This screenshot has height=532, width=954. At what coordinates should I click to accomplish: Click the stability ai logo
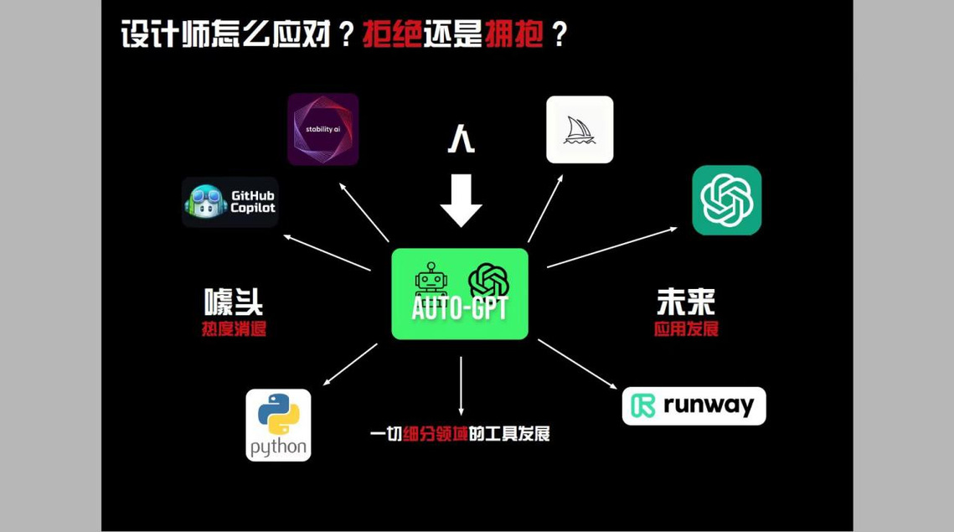[323, 129]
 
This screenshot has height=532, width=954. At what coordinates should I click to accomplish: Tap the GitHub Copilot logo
[230, 202]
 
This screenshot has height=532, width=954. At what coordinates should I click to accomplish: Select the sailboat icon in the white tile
[580, 130]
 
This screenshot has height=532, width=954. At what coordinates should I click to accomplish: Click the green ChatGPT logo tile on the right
[727, 200]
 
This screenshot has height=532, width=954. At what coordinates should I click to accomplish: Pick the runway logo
[694, 406]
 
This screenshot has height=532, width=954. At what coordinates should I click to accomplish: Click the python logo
[279, 426]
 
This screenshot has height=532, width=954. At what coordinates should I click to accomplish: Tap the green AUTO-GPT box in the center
[460, 294]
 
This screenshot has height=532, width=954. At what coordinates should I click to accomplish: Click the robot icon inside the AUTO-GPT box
[431, 279]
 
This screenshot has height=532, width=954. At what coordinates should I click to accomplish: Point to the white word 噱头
[234, 302]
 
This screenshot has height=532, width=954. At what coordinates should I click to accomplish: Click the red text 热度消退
[235, 329]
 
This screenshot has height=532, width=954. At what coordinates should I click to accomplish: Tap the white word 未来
[686, 302]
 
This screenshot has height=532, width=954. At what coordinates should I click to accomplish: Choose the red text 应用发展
[686, 329]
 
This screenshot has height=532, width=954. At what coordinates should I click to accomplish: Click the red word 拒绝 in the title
[393, 34]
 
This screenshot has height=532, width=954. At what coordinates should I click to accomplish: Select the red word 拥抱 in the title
[513, 34]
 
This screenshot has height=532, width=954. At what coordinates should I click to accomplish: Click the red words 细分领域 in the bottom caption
[435, 434]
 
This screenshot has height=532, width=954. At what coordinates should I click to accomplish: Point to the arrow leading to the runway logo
[577, 364]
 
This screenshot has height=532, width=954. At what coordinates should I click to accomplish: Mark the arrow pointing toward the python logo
[350, 364]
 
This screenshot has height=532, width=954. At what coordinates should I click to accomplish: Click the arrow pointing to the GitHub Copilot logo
[327, 253]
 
